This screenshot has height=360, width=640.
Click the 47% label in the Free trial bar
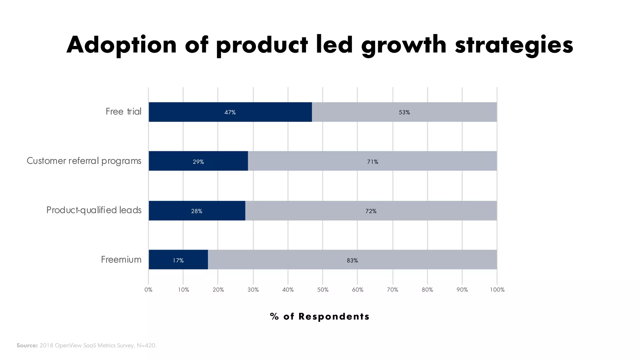[x=230, y=112]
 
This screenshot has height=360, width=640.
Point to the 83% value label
[x=352, y=261]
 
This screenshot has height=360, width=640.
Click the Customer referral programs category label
[x=84, y=161]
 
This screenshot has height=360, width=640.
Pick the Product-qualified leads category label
[x=94, y=210]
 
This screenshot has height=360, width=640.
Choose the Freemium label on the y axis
[x=121, y=260]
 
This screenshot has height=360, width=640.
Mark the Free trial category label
[x=123, y=112]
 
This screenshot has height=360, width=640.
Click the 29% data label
[x=198, y=162]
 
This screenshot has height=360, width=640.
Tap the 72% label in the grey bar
[x=371, y=211]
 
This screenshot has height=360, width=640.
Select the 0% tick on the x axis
[x=148, y=290]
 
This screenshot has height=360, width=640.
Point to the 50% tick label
[x=323, y=290]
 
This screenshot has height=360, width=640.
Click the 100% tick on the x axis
[x=497, y=290]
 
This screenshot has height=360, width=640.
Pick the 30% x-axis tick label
[x=253, y=290]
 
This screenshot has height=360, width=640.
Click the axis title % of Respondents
[x=320, y=317]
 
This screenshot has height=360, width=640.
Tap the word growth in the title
[x=404, y=45]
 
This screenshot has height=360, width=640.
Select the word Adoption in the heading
[x=122, y=45]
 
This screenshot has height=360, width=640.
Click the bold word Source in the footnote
[x=27, y=346]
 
